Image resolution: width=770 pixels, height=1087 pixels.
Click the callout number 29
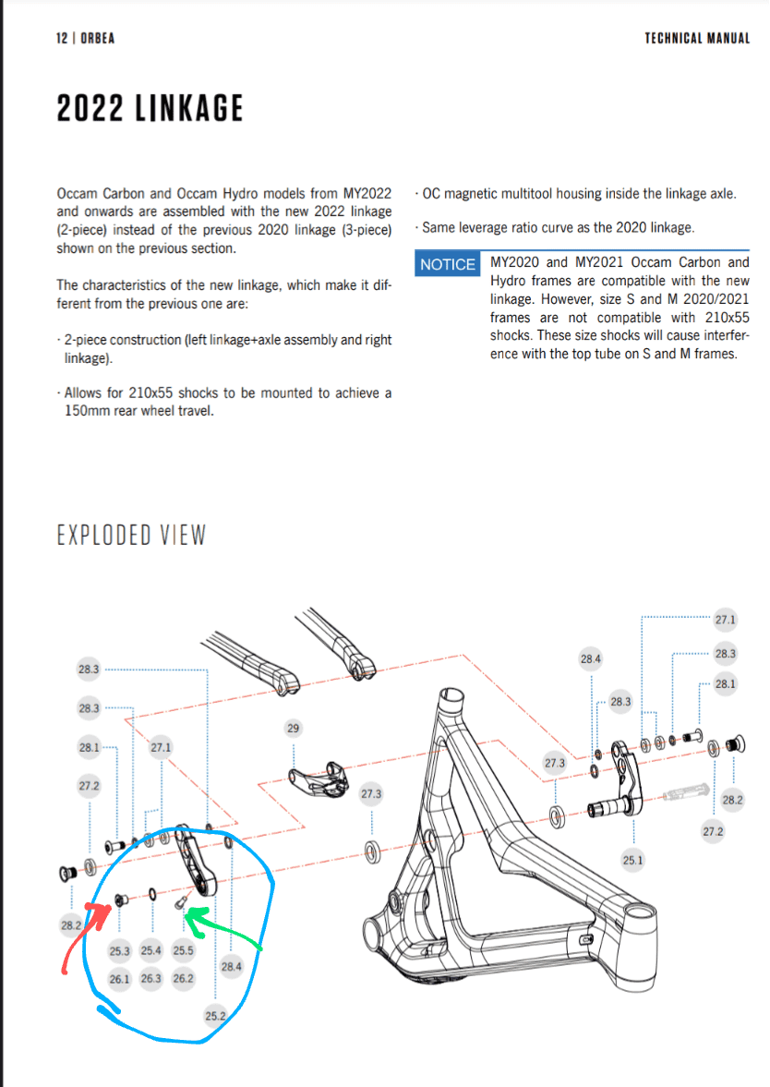tap(294, 730)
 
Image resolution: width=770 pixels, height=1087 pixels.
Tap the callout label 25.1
tap(632, 860)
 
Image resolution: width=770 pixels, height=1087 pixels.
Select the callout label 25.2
tap(215, 1016)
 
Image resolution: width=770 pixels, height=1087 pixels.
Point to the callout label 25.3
tap(119, 950)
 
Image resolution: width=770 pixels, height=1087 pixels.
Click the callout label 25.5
tap(183, 950)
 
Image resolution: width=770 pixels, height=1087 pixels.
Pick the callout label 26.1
tap(119, 979)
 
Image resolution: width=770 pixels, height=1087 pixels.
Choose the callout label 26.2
tap(183, 979)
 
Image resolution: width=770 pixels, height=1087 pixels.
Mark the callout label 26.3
tap(151, 979)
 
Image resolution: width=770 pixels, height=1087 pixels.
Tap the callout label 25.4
tap(151, 950)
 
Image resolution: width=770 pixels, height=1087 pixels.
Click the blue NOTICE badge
tap(447, 264)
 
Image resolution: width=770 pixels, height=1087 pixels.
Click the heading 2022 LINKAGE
tap(150, 109)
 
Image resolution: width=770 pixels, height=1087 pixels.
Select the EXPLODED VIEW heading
tap(131, 535)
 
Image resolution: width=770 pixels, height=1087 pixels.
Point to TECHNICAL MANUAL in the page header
tap(697, 38)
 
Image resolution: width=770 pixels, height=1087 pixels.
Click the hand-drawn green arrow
tap(226, 931)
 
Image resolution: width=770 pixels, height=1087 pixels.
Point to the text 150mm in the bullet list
tap(89, 410)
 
